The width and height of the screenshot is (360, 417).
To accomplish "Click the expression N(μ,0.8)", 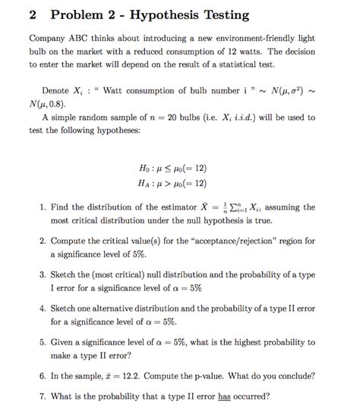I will [x=49, y=104].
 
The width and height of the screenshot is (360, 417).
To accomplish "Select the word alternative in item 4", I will [x=119, y=309].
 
